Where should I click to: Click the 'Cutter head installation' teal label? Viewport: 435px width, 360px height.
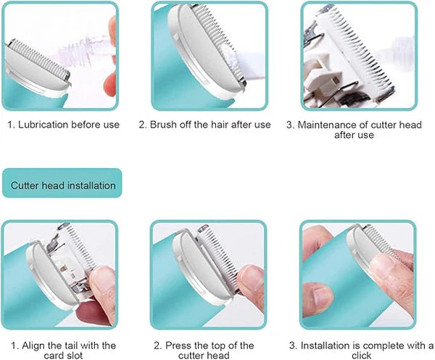[62, 185]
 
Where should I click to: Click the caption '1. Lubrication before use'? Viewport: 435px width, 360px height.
[64, 125]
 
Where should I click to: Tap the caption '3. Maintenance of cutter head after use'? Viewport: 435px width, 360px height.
[355, 130]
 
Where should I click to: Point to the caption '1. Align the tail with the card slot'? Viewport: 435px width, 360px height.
[63, 350]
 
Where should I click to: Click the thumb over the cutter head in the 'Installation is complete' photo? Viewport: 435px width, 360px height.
[384, 268]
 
